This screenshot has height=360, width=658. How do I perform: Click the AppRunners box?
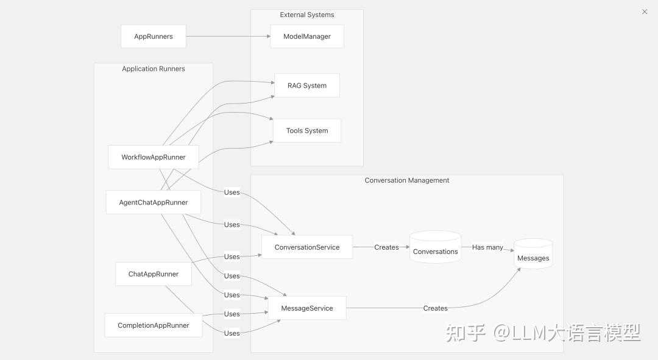click(154, 37)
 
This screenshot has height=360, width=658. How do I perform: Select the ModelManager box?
click(307, 37)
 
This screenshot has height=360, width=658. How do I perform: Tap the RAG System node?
click(307, 86)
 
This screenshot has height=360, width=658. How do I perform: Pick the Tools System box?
click(307, 131)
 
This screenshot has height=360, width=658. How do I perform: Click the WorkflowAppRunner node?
click(154, 157)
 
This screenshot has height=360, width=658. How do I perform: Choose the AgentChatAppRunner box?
click(154, 202)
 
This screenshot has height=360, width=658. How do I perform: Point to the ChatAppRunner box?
click(154, 274)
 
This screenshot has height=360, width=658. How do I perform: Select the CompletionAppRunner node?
click(154, 325)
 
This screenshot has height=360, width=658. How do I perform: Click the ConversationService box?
click(307, 247)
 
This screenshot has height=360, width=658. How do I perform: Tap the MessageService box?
click(307, 308)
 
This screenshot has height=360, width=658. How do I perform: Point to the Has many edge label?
click(487, 247)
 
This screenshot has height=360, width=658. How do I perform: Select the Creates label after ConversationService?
click(386, 247)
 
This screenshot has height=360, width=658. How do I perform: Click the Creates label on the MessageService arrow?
click(435, 308)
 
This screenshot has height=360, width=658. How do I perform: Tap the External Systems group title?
click(307, 15)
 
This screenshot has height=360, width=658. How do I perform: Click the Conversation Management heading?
click(407, 180)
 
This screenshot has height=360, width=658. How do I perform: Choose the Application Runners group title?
click(154, 69)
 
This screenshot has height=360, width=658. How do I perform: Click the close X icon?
click(645, 12)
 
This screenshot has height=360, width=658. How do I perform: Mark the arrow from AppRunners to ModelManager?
click(228, 37)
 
